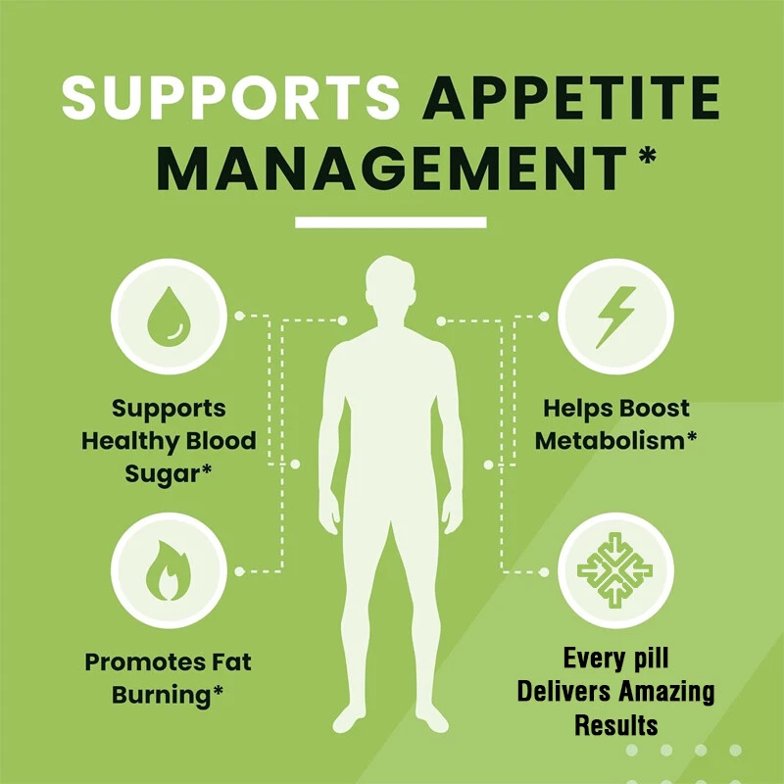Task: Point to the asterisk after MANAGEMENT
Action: (x=647, y=157)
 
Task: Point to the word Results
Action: (x=615, y=726)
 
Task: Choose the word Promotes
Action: (x=134, y=662)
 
